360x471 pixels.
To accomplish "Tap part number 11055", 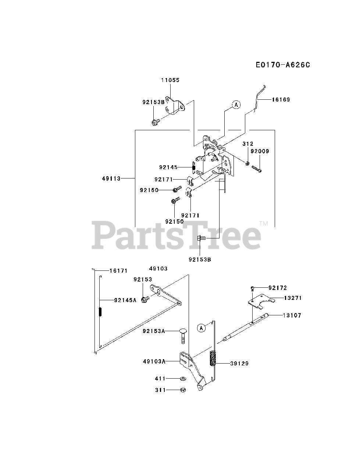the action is coord(170,80).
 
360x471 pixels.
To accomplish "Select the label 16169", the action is coord(281,99).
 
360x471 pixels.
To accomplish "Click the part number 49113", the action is coord(112,178).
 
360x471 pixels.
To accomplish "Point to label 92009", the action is coord(260,151).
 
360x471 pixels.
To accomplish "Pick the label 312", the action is coord(248,144).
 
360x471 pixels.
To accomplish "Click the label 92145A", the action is coord(125,300).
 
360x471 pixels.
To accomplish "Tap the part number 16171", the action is coord(118,270).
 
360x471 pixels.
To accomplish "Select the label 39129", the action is coord(239,364).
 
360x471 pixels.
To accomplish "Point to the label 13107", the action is coord(292,315).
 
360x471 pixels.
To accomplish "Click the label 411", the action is coord(160,378).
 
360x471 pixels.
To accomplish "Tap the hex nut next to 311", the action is coord(183,390).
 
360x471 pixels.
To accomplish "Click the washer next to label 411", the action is coord(183,378).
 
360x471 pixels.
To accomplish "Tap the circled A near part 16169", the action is coord(236,105).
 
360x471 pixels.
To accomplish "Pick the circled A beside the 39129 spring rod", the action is coord(200,328).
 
